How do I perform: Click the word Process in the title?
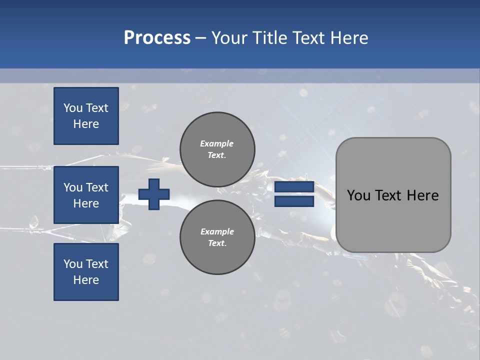click(157, 38)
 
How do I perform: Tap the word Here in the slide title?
click(348, 38)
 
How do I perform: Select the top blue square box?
click(86, 116)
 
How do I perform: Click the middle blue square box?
click(86, 195)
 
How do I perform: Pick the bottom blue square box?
click(86, 272)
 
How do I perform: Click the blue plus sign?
click(154, 194)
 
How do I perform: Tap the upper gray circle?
click(217, 149)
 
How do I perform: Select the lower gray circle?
click(217, 237)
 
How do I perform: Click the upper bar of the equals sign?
click(294, 187)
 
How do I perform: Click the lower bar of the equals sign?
click(294, 201)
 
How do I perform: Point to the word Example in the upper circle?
click(217, 143)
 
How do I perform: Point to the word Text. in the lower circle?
click(217, 243)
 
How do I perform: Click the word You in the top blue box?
click(73, 108)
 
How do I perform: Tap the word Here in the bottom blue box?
click(86, 280)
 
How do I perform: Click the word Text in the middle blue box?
click(97, 187)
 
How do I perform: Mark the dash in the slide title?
click(200, 38)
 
